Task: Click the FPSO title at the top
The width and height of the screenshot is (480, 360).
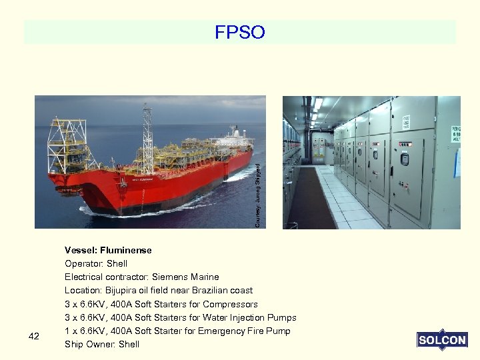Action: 240,32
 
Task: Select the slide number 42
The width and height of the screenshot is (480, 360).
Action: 35,337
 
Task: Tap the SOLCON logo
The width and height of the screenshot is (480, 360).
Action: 442,340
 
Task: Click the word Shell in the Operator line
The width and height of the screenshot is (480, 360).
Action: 117,263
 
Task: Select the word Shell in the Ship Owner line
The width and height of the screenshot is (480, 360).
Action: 129,344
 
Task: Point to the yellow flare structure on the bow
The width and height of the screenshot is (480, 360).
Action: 67,143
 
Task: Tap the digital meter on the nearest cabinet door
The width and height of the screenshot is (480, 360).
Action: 404,159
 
